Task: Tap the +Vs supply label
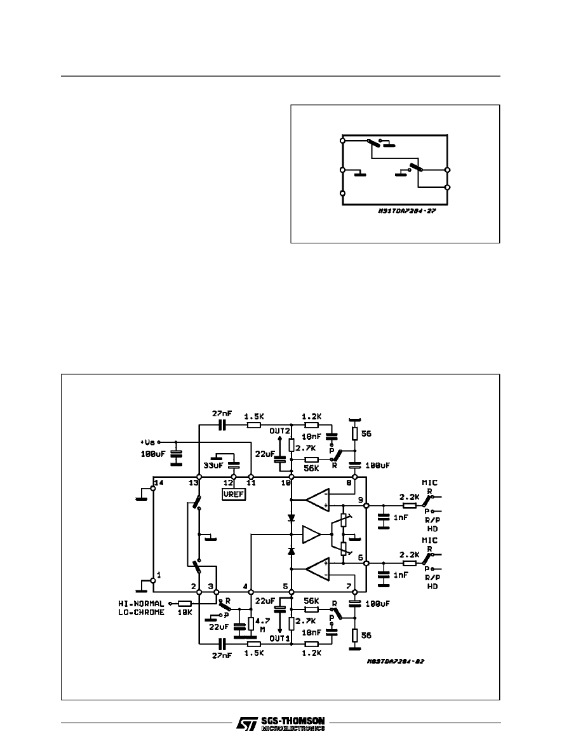click(x=148, y=442)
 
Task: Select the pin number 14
click(x=159, y=483)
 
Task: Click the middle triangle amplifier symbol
click(x=312, y=534)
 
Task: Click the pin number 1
click(x=158, y=575)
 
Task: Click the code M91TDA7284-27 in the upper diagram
click(x=405, y=214)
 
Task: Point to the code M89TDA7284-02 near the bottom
click(x=395, y=661)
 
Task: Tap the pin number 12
click(x=229, y=483)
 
